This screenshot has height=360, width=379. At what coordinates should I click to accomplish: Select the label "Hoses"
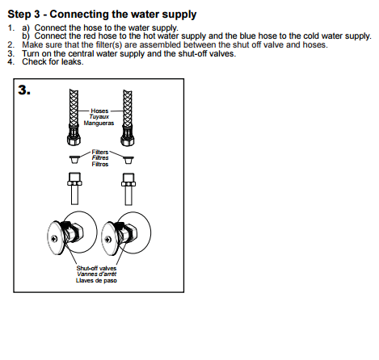tap(99, 111)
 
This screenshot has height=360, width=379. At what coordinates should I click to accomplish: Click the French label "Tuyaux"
tap(99, 117)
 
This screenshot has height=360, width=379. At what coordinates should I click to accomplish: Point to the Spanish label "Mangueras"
tap(99, 123)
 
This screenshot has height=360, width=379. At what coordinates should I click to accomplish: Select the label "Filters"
tap(100, 151)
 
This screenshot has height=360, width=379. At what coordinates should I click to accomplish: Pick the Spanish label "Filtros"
tap(100, 164)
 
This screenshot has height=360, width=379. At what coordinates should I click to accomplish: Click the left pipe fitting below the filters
tap(74, 188)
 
